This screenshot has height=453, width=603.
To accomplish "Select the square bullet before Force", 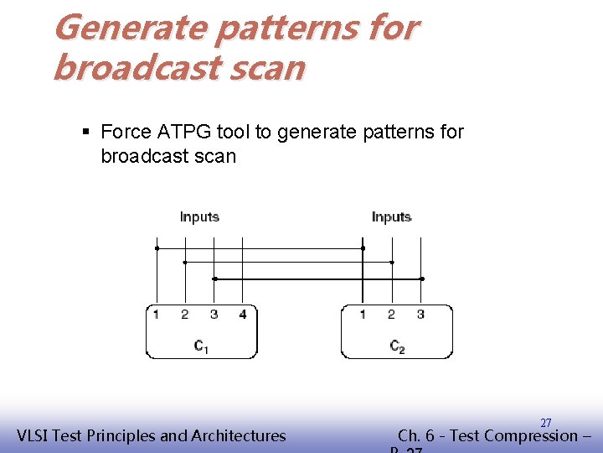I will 88,132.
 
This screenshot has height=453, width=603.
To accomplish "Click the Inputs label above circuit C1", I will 199,216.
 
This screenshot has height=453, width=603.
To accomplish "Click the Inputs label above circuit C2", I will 391,216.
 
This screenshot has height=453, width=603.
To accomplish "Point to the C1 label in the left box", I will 201,346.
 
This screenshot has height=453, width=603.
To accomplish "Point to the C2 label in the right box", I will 397,346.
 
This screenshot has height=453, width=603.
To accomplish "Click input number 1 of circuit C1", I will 156,315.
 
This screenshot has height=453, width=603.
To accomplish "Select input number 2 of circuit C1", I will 184,315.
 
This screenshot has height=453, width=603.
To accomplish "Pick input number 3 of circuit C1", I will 214,315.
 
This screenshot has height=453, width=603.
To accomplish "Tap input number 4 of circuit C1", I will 242,315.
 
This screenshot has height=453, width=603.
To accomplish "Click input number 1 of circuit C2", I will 363,315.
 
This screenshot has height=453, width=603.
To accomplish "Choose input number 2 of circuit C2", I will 391,315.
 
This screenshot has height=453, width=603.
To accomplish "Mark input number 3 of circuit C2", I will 420,315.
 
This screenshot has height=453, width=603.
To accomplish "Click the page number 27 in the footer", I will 545,423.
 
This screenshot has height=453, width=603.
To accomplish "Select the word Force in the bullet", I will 125,132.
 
